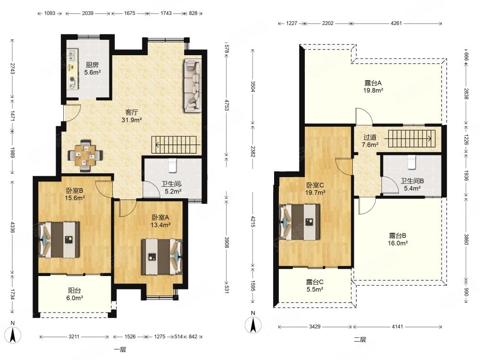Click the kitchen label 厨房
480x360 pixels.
point(92,65)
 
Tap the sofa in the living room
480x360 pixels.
point(192,85)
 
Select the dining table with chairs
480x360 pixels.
point(85,156)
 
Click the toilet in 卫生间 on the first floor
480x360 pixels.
point(173,165)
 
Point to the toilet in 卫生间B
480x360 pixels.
point(412,162)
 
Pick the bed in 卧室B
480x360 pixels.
point(59,240)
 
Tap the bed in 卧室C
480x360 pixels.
point(300,222)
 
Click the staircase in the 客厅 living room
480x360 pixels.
point(175,145)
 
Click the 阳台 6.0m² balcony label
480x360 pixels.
point(75,294)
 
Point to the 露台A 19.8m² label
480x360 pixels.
point(373,86)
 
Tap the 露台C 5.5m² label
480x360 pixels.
point(315,286)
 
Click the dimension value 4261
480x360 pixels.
point(396,23)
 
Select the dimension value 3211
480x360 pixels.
point(74,336)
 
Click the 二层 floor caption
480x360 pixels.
point(360,339)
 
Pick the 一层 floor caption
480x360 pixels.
point(120,349)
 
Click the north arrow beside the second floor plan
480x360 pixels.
point(253,324)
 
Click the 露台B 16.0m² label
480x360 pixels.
point(397,240)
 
